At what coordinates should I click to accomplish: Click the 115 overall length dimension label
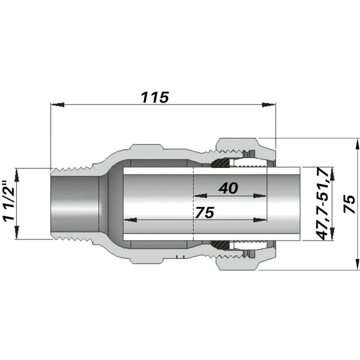(x=155, y=97)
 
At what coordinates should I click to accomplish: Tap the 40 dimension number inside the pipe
(x=228, y=188)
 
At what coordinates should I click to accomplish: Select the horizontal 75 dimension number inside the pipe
(x=205, y=212)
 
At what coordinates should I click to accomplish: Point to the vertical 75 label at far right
(x=349, y=204)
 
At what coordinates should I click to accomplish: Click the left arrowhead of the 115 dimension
(x=57, y=104)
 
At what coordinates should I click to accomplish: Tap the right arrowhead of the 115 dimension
(x=269, y=104)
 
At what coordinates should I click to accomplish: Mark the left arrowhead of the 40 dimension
(x=200, y=196)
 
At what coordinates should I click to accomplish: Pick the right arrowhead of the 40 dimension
(x=260, y=196)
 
